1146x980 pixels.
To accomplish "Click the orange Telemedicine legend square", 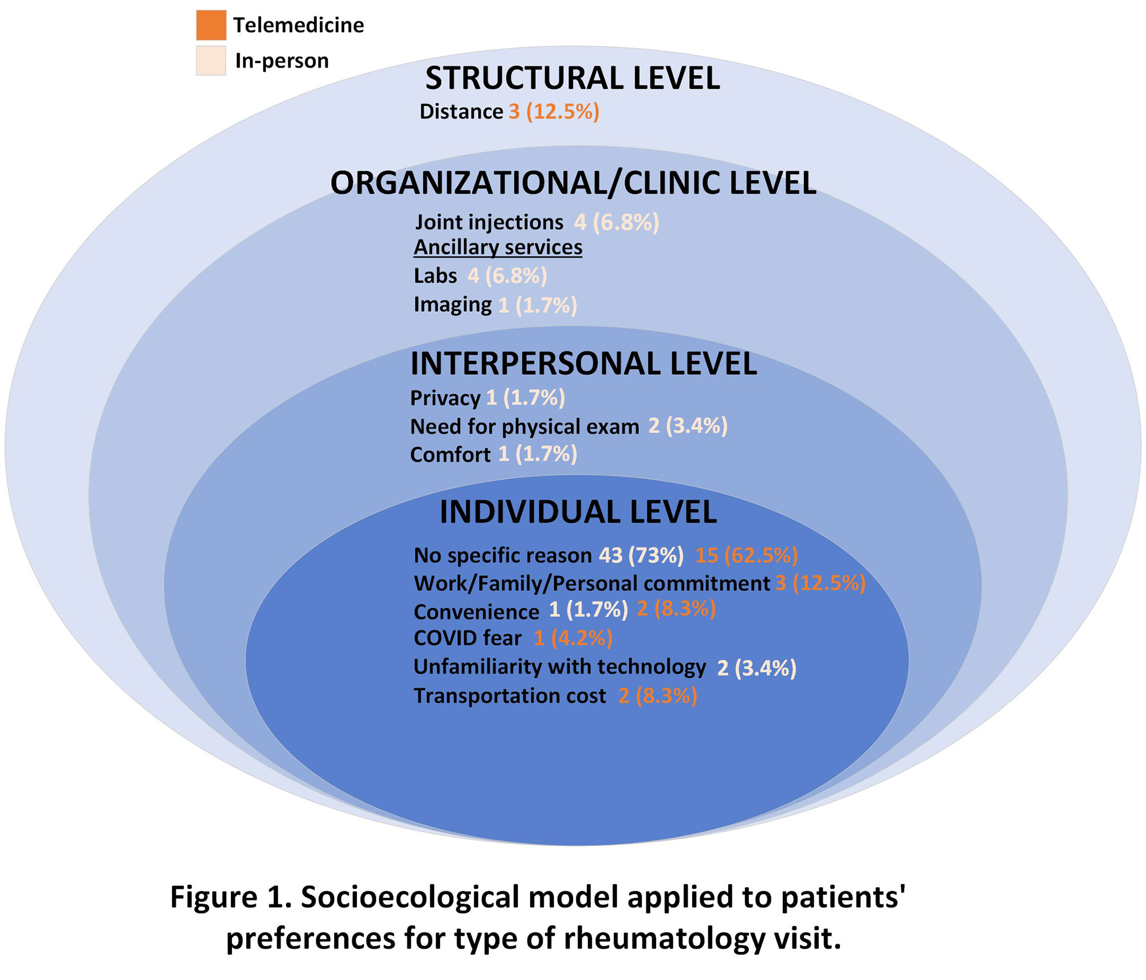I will pyautogui.click(x=211, y=25).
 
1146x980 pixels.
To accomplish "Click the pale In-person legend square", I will pyautogui.click(x=211, y=61).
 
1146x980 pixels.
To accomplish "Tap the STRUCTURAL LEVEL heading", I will pyautogui.click(x=572, y=79).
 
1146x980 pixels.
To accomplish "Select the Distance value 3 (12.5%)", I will pyautogui.click(x=554, y=112).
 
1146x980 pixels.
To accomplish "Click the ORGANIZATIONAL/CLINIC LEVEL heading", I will pyautogui.click(x=573, y=183).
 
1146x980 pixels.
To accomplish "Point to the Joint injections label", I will pyautogui.click(x=489, y=222).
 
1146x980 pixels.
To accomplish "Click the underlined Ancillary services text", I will pyautogui.click(x=498, y=248).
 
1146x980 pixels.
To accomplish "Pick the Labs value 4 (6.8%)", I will pyautogui.click(x=507, y=276).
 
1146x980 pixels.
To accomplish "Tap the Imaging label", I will pyautogui.click(x=453, y=305).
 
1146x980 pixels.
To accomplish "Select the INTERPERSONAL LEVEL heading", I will pyautogui.click(x=583, y=364).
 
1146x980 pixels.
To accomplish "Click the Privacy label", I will pyautogui.click(x=445, y=398).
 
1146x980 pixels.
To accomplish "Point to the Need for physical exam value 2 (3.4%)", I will pyautogui.click(x=688, y=426).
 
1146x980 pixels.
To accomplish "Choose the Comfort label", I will pyautogui.click(x=450, y=455).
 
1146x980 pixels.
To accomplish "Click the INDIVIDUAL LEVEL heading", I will pyautogui.click(x=578, y=512).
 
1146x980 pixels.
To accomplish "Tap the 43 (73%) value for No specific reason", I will pyautogui.click(x=641, y=555).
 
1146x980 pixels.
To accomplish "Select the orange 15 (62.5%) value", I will pyautogui.click(x=747, y=555).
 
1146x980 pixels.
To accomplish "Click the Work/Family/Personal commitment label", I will pyautogui.click(x=591, y=583).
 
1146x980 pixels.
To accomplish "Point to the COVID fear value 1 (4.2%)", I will pyautogui.click(x=573, y=638).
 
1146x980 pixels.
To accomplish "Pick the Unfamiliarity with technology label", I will pyautogui.click(x=560, y=667).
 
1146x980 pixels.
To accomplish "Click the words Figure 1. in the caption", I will pyautogui.click(x=231, y=897).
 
